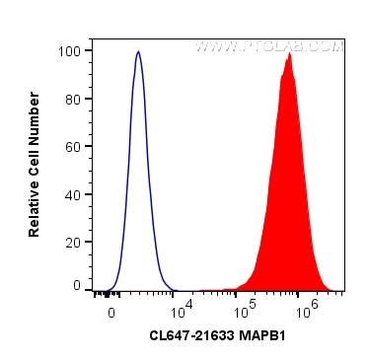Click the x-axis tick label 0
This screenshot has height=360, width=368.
pos(111,309)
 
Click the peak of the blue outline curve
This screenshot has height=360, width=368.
pos(138,52)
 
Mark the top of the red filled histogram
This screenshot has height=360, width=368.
pos(289,53)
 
